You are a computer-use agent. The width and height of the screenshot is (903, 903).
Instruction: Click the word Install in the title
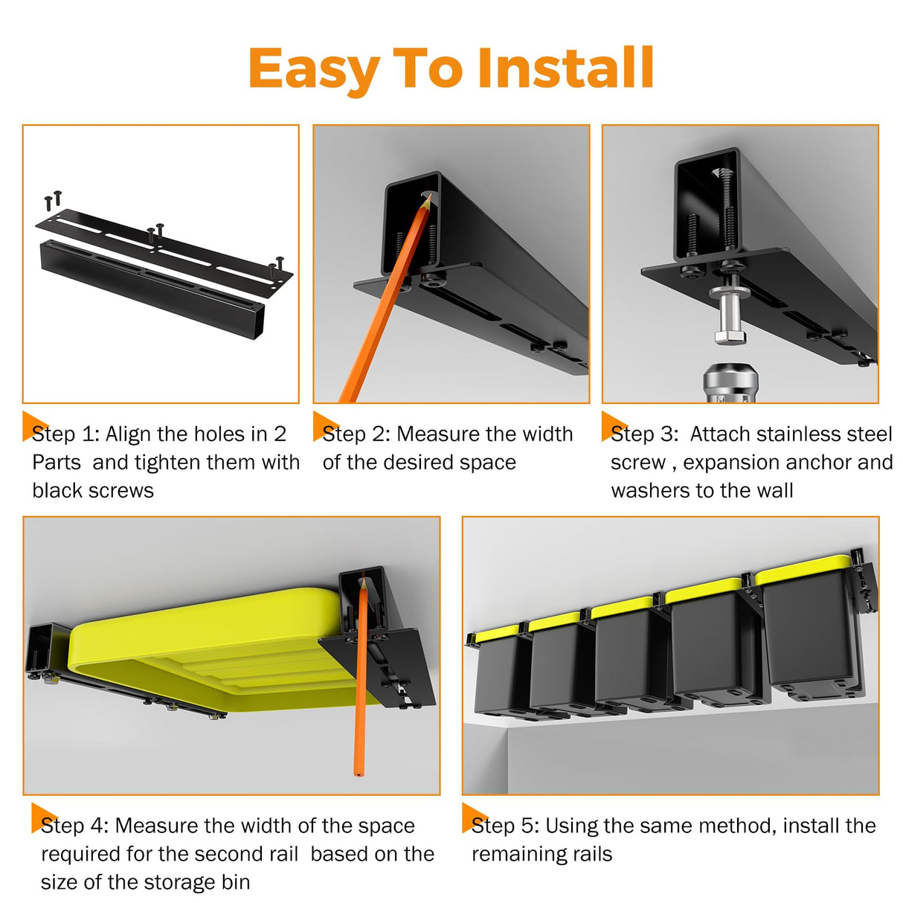(x=565, y=68)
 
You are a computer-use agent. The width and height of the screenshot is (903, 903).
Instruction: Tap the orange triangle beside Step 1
(x=33, y=425)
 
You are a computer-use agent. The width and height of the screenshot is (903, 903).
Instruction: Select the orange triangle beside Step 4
(x=42, y=817)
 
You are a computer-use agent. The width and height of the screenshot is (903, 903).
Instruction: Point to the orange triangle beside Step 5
(x=472, y=817)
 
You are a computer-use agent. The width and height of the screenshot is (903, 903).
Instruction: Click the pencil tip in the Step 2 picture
(x=428, y=197)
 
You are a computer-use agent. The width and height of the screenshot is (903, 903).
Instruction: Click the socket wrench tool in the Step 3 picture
(x=730, y=383)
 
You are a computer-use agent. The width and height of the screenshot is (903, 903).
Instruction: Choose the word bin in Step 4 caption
(x=236, y=882)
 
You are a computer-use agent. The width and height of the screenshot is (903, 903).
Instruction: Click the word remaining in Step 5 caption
(x=512, y=854)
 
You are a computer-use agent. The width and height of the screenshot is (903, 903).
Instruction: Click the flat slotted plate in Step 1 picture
(x=164, y=253)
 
